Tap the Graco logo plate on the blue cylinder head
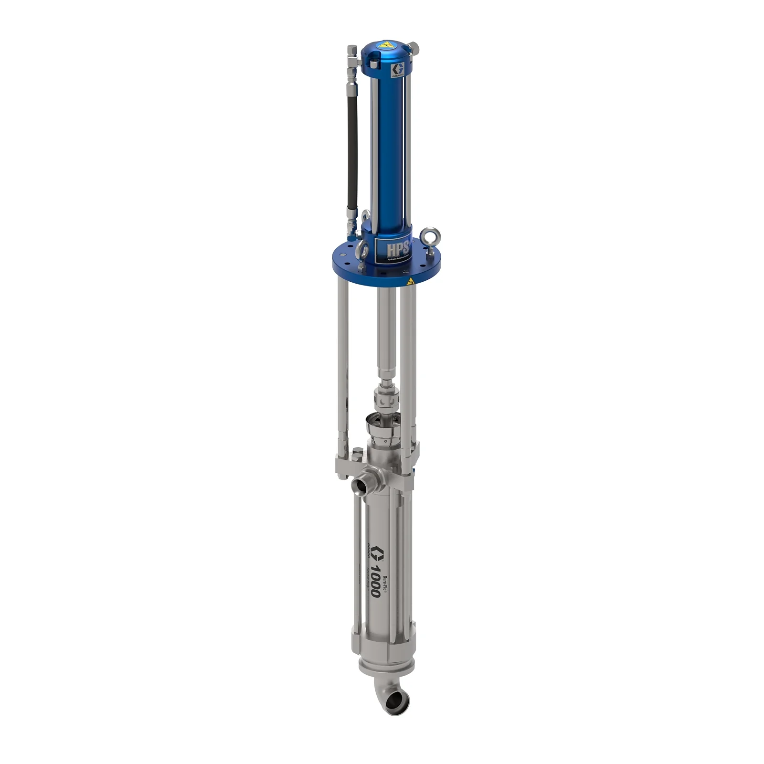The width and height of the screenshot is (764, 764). pyautogui.click(x=397, y=69)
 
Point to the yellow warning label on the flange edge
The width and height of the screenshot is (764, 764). pyautogui.click(x=410, y=281)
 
